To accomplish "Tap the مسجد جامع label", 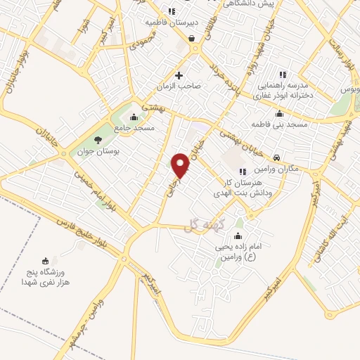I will [136, 128].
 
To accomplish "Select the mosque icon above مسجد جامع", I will [134, 117].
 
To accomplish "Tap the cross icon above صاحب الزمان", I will [179, 75].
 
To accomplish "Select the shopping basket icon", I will [191, 39].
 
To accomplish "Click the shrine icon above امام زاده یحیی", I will [238, 236].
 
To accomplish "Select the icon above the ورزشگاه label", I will [46, 260].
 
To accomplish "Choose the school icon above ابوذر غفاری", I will [283, 75].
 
